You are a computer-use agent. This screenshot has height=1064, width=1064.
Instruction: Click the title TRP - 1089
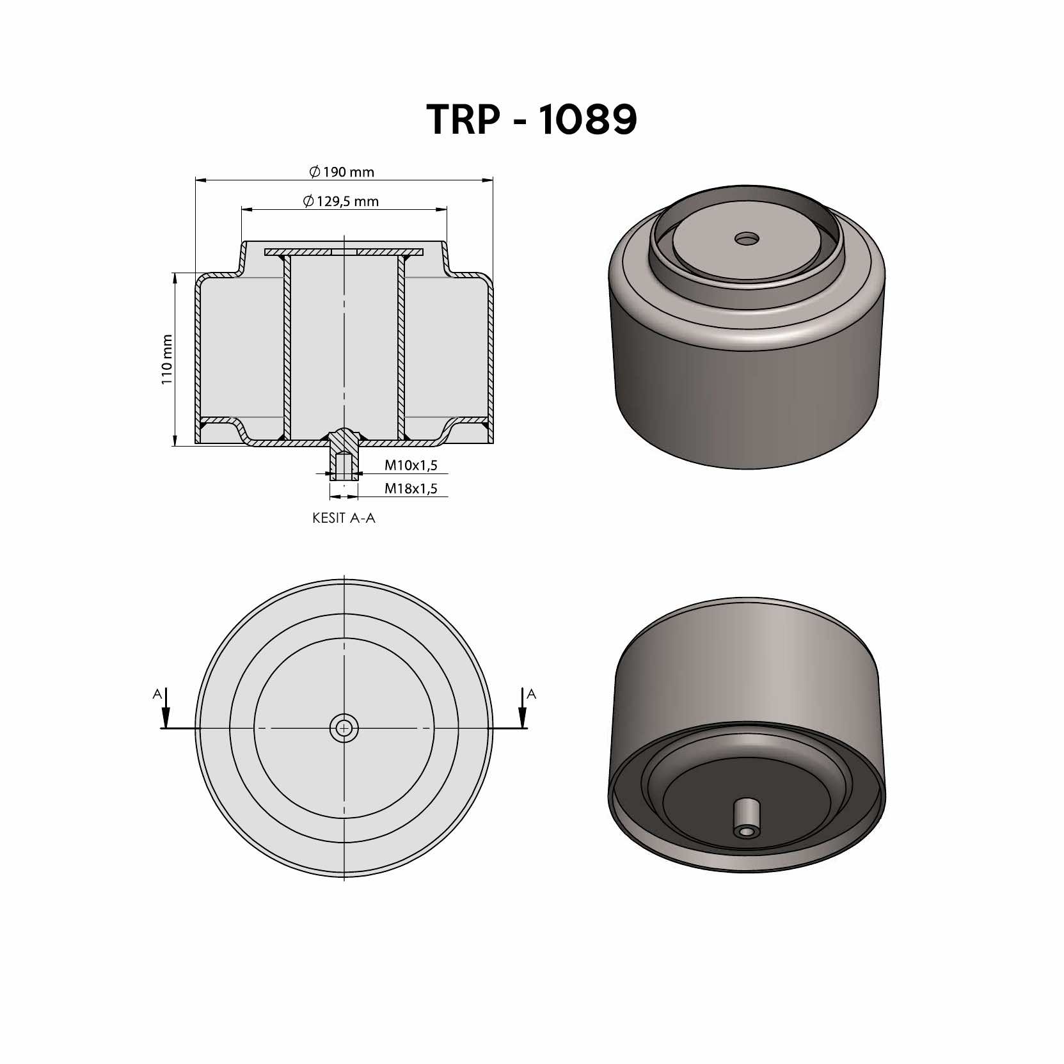tap(532, 119)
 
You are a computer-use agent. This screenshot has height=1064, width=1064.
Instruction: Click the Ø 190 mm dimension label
tap(342, 171)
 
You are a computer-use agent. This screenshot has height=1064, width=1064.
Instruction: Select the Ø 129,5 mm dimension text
tap(341, 201)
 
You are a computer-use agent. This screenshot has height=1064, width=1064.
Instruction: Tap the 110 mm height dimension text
tap(167, 359)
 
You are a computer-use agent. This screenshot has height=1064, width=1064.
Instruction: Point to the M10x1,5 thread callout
tap(411, 465)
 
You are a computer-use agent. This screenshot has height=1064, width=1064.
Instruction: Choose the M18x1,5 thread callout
tap(411, 489)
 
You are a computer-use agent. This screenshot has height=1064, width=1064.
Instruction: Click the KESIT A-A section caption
tap(344, 518)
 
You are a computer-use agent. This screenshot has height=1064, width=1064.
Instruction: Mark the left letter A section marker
tap(157, 694)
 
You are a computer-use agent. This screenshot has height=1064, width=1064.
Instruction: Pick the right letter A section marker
tap(531, 694)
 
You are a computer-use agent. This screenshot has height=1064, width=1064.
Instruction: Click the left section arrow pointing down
tap(166, 708)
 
